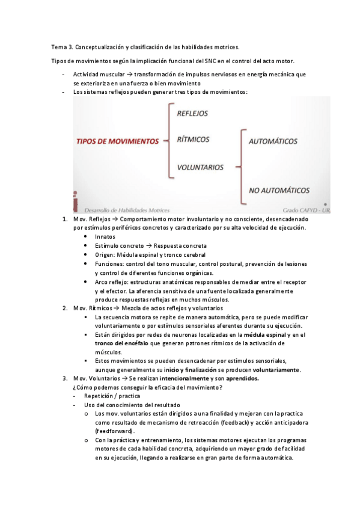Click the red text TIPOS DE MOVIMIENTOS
point(117,142)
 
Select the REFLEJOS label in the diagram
point(192,112)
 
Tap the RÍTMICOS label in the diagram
point(193,140)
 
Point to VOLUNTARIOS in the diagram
point(200,167)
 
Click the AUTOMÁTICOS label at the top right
point(273,142)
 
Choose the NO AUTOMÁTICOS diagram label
point(279,191)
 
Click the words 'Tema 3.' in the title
point(62,46)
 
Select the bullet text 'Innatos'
point(105,237)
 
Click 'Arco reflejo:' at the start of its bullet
point(112,281)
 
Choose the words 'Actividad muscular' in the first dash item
point(99,74)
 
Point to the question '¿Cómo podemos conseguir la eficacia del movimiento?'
point(147,387)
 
